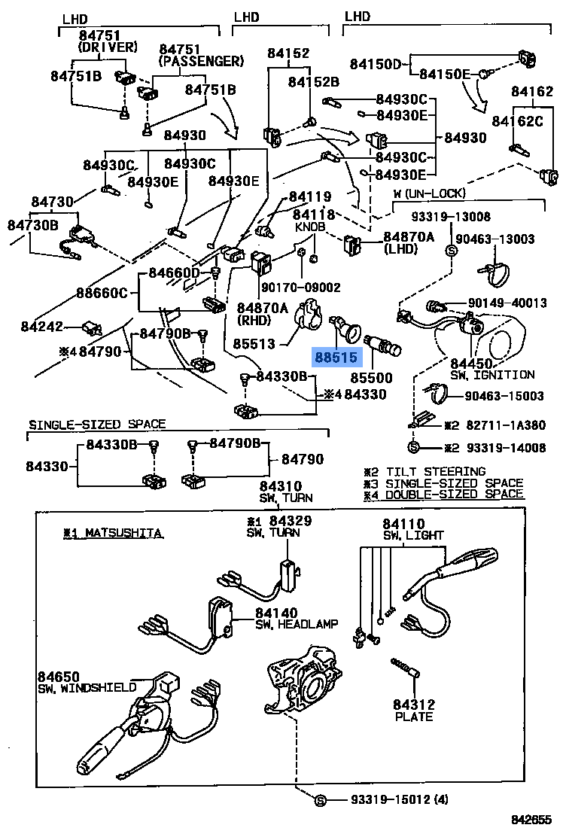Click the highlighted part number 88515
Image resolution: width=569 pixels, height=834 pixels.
click(x=335, y=357)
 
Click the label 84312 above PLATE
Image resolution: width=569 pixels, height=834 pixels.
click(x=413, y=704)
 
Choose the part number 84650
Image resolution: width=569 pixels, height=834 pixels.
click(x=58, y=677)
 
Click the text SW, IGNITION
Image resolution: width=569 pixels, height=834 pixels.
click(x=492, y=374)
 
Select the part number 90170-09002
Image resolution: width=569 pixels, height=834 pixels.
click(x=300, y=287)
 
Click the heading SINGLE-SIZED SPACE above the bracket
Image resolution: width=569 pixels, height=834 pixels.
click(x=96, y=425)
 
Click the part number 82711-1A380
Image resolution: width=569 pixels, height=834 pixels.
click(x=510, y=425)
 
